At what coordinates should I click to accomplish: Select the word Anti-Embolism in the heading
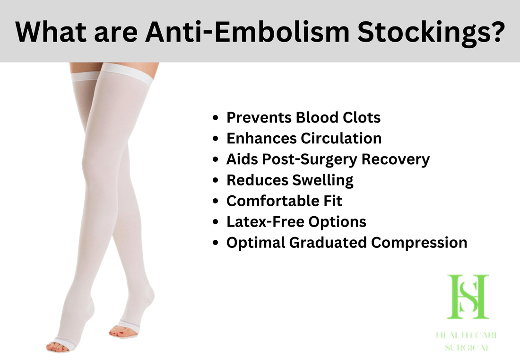pyautogui.click(x=247, y=32)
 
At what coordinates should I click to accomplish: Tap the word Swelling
pyautogui.click(x=323, y=181)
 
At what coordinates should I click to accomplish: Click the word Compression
pyautogui.click(x=419, y=243)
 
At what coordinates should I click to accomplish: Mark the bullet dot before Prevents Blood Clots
pyautogui.click(x=216, y=118)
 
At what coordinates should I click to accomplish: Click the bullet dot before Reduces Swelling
pyautogui.click(x=216, y=181)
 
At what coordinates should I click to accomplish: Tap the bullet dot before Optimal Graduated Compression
pyautogui.click(x=216, y=243)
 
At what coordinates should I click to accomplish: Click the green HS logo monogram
pyautogui.click(x=468, y=297)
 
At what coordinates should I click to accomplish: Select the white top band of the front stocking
pyautogui.click(x=127, y=73)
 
